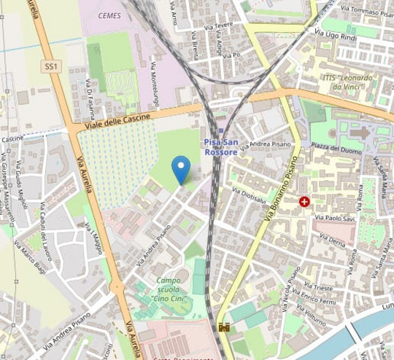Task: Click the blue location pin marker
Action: tap(181, 170)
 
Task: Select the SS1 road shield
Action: tap(50, 66)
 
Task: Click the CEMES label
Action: tap(109, 14)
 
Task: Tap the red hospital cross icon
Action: tap(304, 200)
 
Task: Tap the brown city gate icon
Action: tap(224, 328)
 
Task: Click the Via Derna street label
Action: tap(332, 238)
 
